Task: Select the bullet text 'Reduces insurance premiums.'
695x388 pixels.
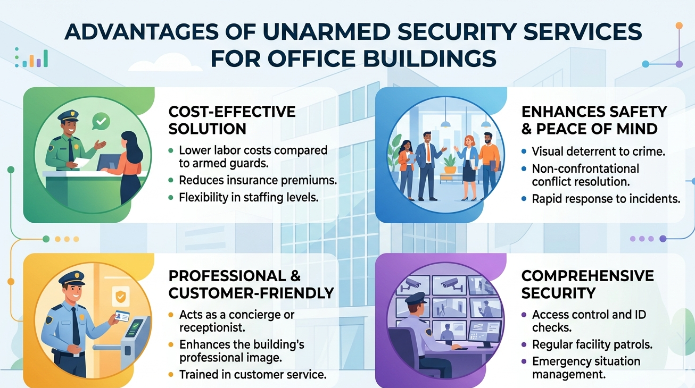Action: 258,180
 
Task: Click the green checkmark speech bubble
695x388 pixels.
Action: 100,122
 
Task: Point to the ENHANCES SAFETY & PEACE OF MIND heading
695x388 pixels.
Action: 594,120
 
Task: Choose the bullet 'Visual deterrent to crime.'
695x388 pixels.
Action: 598,151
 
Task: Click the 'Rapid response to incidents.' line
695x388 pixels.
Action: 606,199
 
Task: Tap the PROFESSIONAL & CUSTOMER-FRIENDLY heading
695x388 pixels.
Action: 251,284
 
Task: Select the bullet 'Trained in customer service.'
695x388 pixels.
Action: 252,374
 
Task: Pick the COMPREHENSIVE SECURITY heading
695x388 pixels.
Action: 588,284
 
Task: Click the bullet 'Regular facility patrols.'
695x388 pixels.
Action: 591,345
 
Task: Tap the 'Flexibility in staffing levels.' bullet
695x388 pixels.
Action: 249,198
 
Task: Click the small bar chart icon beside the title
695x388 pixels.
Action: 31,58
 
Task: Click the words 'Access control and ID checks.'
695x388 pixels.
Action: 589,321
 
